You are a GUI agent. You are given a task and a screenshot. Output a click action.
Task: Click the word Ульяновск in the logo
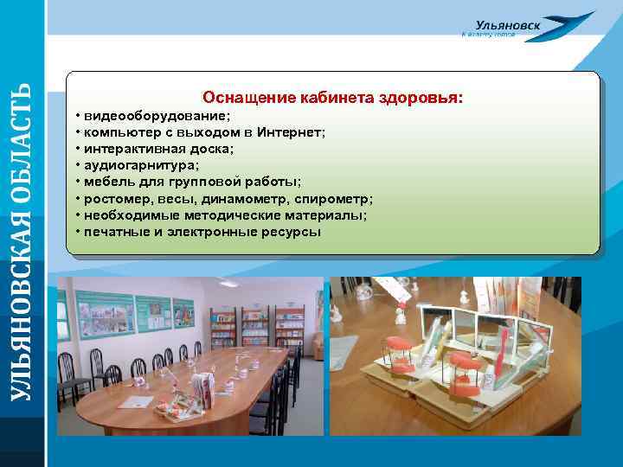(x=508, y=27)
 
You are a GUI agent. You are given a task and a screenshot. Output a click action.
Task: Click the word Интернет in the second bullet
(x=290, y=131)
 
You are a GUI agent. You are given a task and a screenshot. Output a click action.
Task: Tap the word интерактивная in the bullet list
(x=138, y=149)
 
